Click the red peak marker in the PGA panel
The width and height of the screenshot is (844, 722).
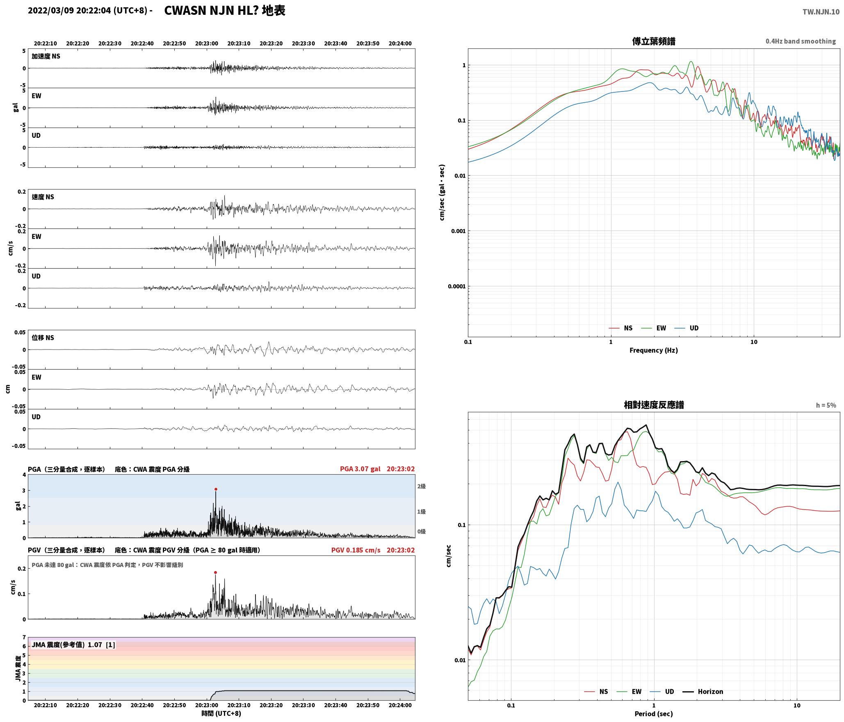coord(216,489)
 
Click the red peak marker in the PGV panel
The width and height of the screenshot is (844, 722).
coord(215,572)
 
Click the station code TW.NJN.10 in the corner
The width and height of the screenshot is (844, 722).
coord(821,12)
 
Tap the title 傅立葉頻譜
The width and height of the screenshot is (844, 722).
coord(654,41)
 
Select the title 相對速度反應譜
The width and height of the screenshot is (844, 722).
coord(654,405)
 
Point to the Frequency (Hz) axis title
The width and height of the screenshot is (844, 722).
coord(654,350)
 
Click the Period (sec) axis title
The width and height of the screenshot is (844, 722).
coord(654,714)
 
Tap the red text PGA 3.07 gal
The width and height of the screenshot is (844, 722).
coord(360,469)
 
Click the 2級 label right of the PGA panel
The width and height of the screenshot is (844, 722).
coord(422,486)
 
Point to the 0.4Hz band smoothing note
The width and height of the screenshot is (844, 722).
coord(801,41)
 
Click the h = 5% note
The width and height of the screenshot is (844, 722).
coord(826,405)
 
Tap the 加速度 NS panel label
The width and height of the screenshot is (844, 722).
coord(46,56)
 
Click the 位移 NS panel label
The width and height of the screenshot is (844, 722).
coord(43,338)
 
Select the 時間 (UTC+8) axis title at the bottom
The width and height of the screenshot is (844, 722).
coord(221,714)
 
